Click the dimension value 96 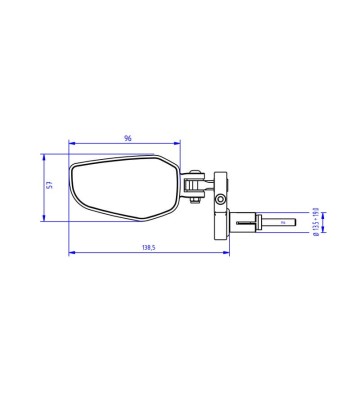[x=128, y=138]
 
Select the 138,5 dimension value [x=149, y=248]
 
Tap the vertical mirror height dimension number [x=49, y=185]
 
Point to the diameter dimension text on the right [x=316, y=222]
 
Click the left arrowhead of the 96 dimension [x=71, y=143]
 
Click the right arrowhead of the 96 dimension [x=177, y=143]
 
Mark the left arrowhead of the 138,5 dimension [x=71, y=253]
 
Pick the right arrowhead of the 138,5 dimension [x=227, y=253]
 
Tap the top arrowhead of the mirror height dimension [x=44, y=157]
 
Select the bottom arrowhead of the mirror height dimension [x=44, y=218]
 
